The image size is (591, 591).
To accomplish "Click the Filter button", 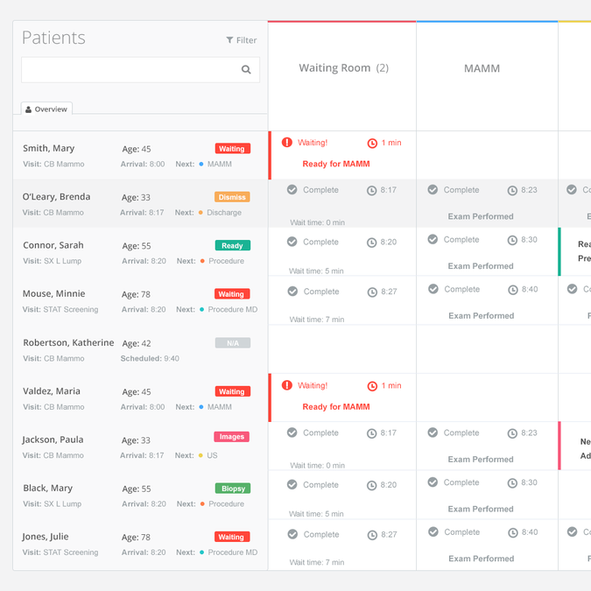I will point(242,40).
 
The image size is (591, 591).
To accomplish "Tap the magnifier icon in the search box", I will point(246,70).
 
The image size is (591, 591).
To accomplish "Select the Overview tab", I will point(46,109).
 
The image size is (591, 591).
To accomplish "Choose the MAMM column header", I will point(482,68).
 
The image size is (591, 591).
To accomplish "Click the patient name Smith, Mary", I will point(49,149).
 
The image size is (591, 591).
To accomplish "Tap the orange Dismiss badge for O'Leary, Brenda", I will point(232,197).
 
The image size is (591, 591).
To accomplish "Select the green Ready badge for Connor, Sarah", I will point(232,246).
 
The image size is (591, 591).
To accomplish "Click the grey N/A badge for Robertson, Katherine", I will point(232,343).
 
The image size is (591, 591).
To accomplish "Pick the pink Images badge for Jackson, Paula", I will point(232,437).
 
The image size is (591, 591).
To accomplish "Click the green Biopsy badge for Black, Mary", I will point(232,489).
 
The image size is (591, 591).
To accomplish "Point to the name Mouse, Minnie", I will point(50,294).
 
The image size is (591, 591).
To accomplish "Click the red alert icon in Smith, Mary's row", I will point(287,142).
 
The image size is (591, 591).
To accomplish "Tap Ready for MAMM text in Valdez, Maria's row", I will point(336,407).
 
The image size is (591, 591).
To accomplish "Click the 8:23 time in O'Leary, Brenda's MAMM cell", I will point(529,190).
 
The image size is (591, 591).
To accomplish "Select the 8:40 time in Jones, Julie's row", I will point(529,532).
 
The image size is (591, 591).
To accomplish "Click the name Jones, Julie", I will point(45,537).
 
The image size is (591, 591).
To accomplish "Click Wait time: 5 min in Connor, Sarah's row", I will point(317,271).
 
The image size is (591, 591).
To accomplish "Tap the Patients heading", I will point(53,38).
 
